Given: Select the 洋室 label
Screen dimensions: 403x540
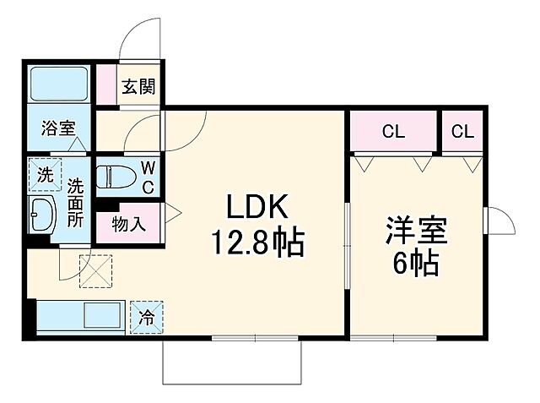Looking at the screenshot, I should pyautogui.click(x=415, y=229).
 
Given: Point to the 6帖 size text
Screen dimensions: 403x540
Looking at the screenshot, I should pyautogui.click(x=415, y=264).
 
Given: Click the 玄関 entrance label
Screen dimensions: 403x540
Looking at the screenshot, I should pyautogui.click(x=136, y=87).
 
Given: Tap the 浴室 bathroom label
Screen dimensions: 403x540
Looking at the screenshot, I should pyautogui.click(x=58, y=128).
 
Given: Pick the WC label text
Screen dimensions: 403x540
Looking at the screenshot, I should pyautogui.click(x=146, y=177).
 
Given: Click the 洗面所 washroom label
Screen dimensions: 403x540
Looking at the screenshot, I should pyautogui.click(x=76, y=202).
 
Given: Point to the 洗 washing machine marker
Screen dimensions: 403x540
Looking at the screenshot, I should pyautogui.click(x=44, y=176).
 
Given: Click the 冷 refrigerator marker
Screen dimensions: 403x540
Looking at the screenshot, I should pyautogui.click(x=146, y=318).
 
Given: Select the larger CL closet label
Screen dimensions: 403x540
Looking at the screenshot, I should pyautogui.click(x=393, y=132).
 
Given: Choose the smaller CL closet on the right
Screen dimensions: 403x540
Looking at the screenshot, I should pyautogui.click(x=462, y=132).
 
